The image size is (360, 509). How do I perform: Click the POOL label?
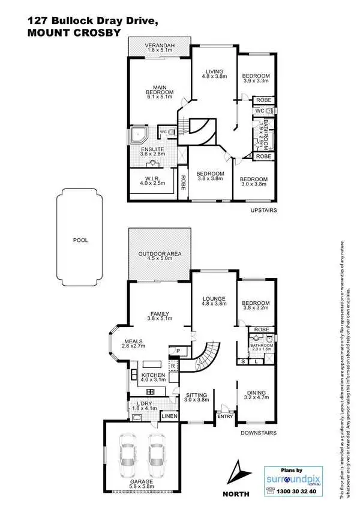(x=81, y=239)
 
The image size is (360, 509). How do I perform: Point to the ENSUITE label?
(x=152, y=151)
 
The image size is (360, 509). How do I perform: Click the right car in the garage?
(x=157, y=454)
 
